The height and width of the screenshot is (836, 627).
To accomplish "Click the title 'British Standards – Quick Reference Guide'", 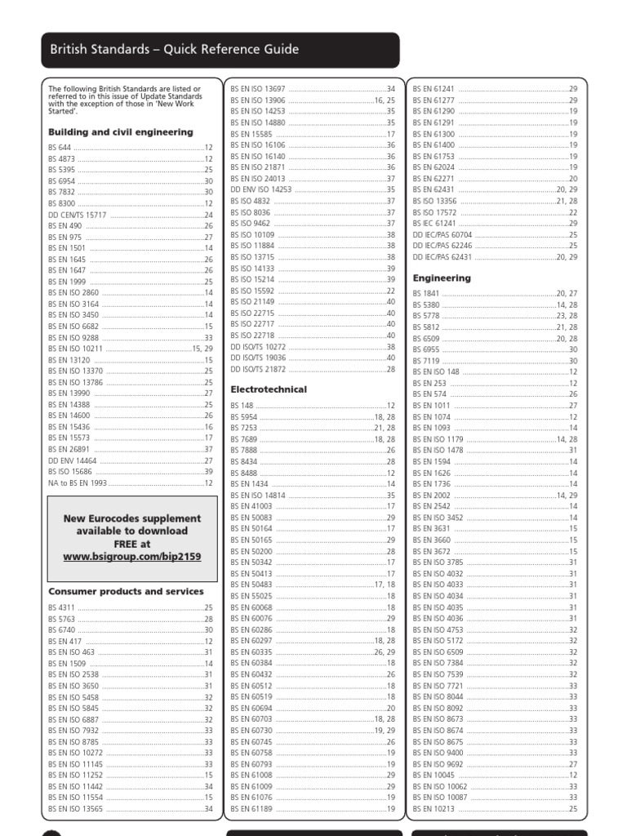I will click(x=174, y=50).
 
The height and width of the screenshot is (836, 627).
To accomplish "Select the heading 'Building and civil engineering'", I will click(x=121, y=131).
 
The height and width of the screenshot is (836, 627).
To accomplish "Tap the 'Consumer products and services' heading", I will click(x=126, y=591).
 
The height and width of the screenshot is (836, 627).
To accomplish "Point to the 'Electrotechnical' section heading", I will click(x=269, y=389).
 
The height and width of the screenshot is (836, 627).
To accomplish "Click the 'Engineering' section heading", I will click(x=442, y=278).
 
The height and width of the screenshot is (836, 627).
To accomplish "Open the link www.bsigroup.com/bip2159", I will click(x=132, y=556).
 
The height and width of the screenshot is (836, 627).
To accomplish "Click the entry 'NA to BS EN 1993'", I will click(x=78, y=483).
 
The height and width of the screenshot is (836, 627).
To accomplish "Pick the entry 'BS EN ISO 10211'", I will click(x=75, y=349).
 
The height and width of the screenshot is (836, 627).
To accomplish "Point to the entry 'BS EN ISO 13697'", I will click(x=258, y=88).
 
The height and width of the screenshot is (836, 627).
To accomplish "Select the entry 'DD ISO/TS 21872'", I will click(x=259, y=369).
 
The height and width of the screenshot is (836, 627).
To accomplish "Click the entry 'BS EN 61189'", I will click(x=252, y=809).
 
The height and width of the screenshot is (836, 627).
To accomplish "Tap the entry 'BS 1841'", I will click(x=426, y=293).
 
